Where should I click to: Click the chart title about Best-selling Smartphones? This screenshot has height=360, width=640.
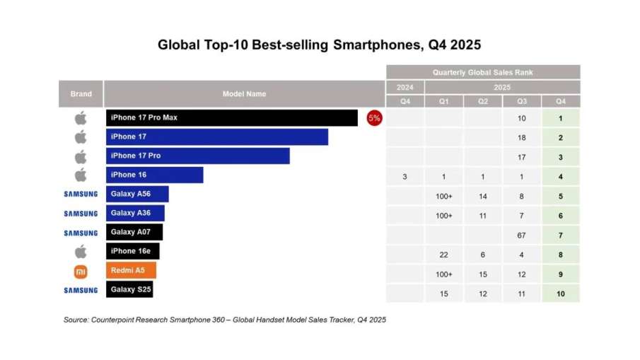[319, 45]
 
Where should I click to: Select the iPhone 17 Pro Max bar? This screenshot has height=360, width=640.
[232, 118]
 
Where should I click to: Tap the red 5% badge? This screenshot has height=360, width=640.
[374, 118]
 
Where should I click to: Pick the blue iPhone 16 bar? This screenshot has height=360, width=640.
[155, 175]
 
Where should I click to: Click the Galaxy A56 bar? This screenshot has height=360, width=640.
[138, 194]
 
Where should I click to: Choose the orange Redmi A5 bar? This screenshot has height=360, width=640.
[132, 270]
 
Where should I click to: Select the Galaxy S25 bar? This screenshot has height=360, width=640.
[129, 289]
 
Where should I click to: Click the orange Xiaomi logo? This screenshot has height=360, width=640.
[81, 271]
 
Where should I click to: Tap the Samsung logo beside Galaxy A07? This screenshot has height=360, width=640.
[81, 233]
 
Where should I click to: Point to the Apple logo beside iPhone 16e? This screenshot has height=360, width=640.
[81, 251]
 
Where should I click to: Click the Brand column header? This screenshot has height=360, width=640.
[81, 94]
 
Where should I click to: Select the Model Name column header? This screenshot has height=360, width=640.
[244, 94]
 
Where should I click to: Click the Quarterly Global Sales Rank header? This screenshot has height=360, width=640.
[483, 72]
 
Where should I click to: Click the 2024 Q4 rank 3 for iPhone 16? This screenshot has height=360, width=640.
[405, 176]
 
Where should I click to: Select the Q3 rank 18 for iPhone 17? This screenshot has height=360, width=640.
[521, 137]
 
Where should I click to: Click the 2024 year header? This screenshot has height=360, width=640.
[405, 87]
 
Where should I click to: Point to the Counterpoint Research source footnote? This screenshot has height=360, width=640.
[225, 320]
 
